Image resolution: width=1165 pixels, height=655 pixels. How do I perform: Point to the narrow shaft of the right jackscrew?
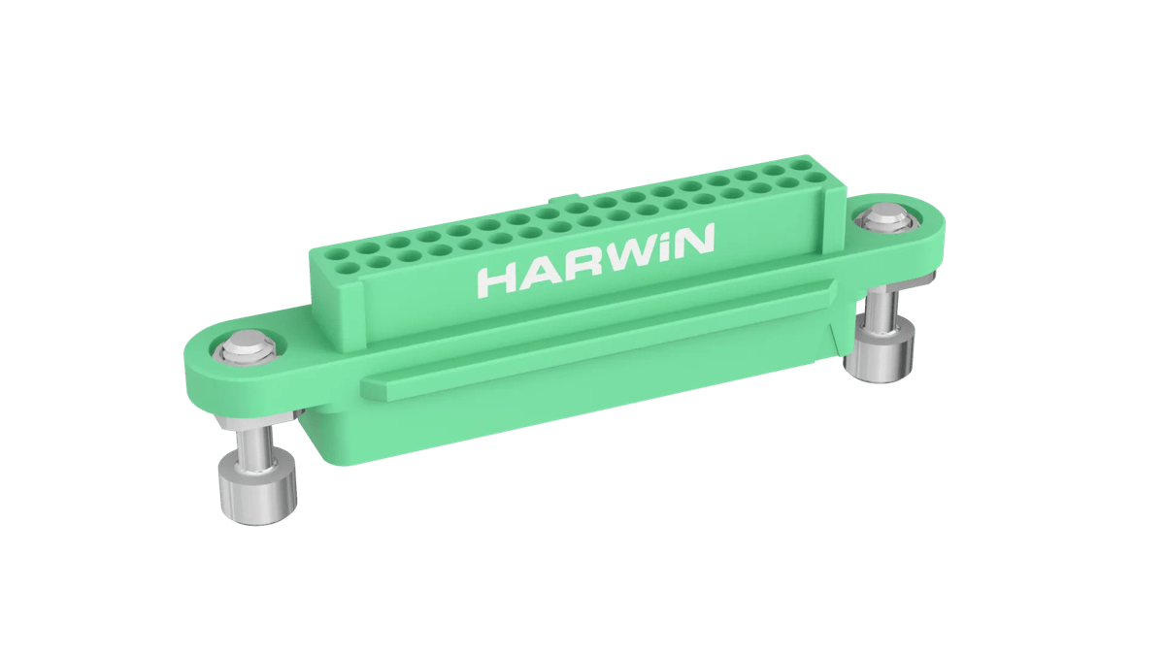[x=882, y=310]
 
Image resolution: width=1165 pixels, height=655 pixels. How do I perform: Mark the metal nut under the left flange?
[x=254, y=423]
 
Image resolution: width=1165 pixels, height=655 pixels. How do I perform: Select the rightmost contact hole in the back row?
[x=802, y=166]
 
